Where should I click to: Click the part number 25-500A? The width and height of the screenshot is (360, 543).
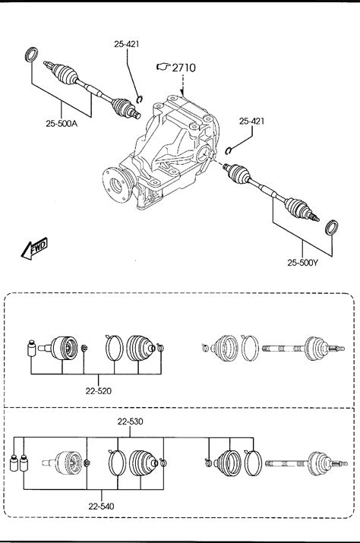[x=62, y=123]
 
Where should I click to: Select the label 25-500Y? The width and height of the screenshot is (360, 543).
[x=302, y=263]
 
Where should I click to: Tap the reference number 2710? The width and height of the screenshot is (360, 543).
[x=184, y=68]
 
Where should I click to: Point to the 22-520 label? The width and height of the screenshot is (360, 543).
[x=99, y=391]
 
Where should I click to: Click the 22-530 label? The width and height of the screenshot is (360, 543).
[x=131, y=421]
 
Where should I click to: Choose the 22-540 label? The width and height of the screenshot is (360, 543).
[x=101, y=507]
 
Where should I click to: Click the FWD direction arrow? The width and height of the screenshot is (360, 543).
[x=34, y=248]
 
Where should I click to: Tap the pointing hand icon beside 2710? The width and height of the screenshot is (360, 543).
[x=163, y=67]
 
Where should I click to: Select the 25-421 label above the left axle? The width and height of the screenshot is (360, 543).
[x=127, y=44]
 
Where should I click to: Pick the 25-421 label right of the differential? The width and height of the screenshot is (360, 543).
[x=251, y=121]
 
